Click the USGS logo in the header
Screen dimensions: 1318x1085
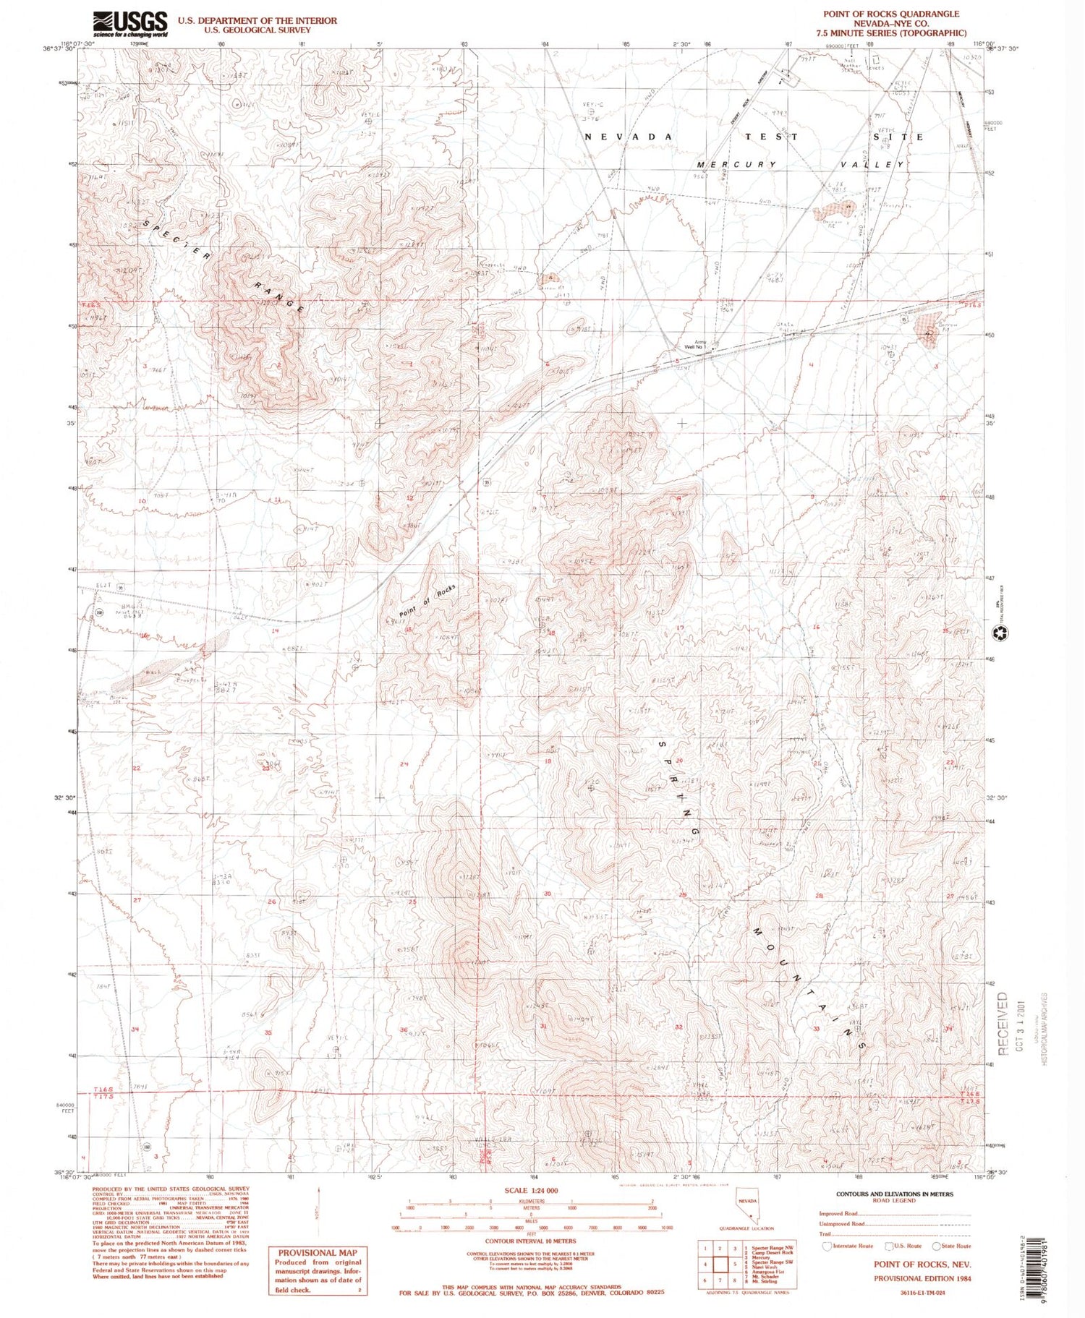tap(130, 24)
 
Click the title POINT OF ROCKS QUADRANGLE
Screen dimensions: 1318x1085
tap(891, 14)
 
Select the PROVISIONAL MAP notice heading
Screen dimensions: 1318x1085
tap(318, 1253)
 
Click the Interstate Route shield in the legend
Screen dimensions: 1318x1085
tap(828, 1246)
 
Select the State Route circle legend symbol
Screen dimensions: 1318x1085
tap(937, 1246)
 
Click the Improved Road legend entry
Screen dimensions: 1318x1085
tap(839, 1213)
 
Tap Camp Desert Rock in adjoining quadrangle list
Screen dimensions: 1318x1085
tap(773, 1252)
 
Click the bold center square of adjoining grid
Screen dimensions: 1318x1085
tap(720, 1265)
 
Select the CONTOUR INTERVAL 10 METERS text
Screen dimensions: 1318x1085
tap(530, 1241)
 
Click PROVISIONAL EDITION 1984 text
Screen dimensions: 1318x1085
tap(922, 1278)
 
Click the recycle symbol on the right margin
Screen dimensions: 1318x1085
tap(1001, 633)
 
